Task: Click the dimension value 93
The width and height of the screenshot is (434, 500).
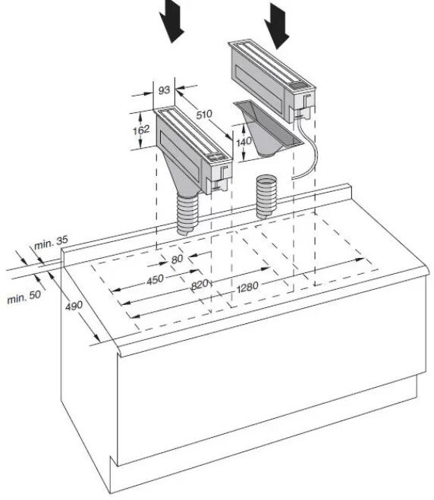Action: pyautogui.click(x=164, y=90)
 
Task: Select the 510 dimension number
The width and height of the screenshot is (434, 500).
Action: pyautogui.click(x=204, y=114)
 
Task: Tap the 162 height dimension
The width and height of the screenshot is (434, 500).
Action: pyautogui.click(x=141, y=130)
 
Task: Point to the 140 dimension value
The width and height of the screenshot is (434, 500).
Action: pyautogui.click(x=244, y=142)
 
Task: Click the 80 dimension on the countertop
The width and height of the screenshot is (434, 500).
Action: pyautogui.click(x=177, y=259)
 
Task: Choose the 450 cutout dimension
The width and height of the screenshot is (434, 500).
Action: pyautogui.click(x=155, y=280)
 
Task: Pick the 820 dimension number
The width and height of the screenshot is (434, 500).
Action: pyautogui.click(x=200, y=285)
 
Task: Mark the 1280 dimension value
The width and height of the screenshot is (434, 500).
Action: pyautogui.click(x=247, y=287)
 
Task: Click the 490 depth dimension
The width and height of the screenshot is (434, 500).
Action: pyautogui.click(x=74, y=306)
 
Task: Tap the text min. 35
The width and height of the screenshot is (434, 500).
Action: pyautogui.click(x=51, y=243)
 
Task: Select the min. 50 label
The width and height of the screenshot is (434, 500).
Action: pyautogui.click(x=24, y=297)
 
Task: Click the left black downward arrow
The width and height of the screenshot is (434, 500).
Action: pyautogui.click(x=171, y=21)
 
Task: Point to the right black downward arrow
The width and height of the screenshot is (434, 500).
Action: pyautogui.click(x=276, y=26)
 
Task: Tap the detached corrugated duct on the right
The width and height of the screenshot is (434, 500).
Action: pyautogui.click(x=266, y=197)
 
